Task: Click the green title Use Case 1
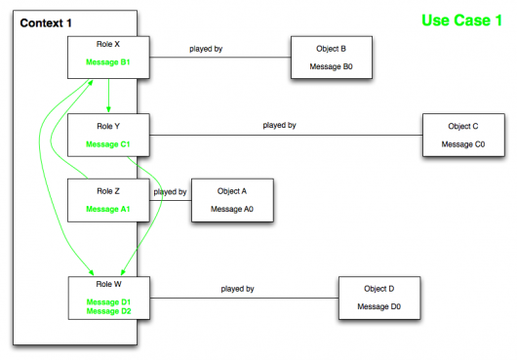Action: click(461, 20)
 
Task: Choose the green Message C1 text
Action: click(107, 144)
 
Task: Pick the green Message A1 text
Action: click(107, 209)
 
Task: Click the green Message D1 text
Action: click(107, 301)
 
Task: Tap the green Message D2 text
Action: click(107, 312)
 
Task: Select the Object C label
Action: click(462, 127)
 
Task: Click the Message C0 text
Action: click(462, 143)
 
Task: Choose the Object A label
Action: click(231, 192)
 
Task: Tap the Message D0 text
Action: click(378, 306)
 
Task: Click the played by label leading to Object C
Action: click(279, 125)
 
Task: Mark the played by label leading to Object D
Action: click(237, 289)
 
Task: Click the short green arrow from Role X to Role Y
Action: click(108, 97)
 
